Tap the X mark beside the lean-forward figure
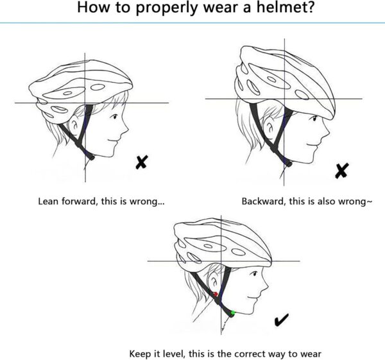tap(141, 162)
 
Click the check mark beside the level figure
tap(281, 320)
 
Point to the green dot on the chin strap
tap(232, 313)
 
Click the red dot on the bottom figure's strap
tap(216, 295)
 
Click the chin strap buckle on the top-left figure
tap(92, 156)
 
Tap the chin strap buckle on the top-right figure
tap(288, 163)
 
